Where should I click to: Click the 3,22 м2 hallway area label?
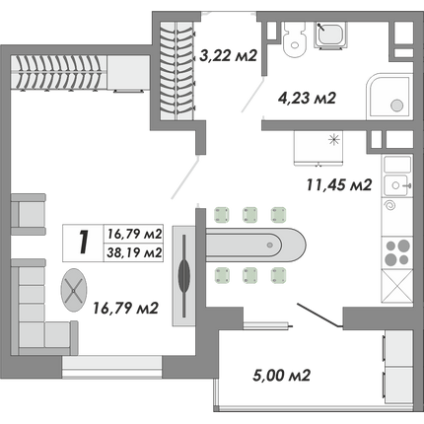[228, 56]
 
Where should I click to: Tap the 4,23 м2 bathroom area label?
[307, 98]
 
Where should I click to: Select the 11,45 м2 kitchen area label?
[339, 185]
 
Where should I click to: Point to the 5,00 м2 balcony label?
[282, 375]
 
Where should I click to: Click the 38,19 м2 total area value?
[135, 252]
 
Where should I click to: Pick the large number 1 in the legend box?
[84, 243]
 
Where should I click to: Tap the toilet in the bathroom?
[294, 38]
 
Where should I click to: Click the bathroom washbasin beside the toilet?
[330, 35]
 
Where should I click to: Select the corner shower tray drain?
[396, 106]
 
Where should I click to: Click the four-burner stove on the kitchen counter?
[398, 252]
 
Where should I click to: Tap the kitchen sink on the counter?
[397, 185]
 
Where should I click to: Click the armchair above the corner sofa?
[29, 214]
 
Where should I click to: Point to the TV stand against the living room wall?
[184, 275]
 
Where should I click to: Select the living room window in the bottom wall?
[111, 367]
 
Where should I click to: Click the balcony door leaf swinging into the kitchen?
[319, 316]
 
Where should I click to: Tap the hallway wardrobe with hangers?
[177, 70]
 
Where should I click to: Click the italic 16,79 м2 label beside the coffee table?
[126, 308]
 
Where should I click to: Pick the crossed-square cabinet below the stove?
[397, 286]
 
